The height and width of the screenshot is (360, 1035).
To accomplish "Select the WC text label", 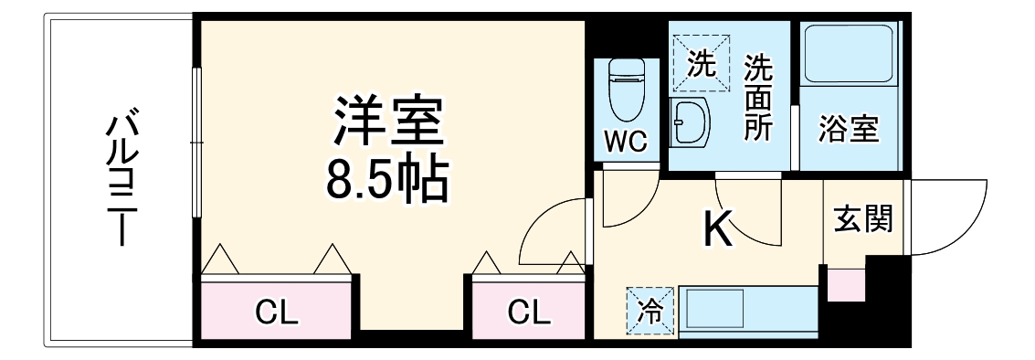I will click(626, 142).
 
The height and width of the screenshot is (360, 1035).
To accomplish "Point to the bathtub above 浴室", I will click(849, 55).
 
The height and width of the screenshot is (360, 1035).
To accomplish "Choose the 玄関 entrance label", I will click(862, 220).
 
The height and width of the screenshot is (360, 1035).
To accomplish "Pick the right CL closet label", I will click(529, 313).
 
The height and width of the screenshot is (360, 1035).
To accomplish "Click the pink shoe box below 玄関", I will click(845, 285).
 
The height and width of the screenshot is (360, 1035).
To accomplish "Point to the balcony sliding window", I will click(195, 142).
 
